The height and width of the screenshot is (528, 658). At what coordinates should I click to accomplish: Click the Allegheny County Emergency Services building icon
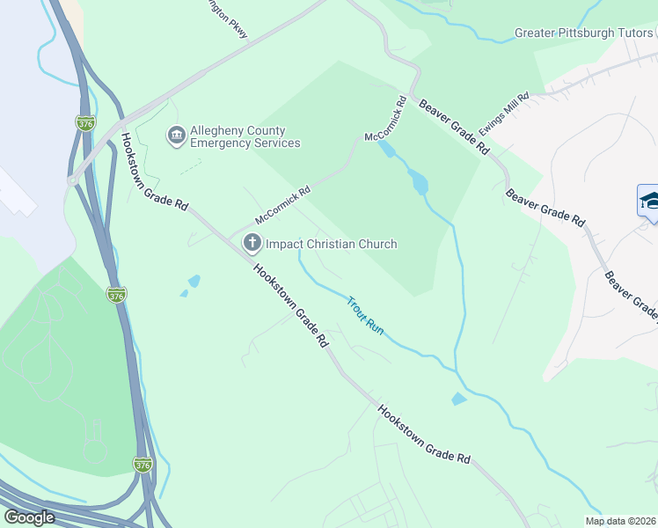pyautogui.click(x=176, y=136)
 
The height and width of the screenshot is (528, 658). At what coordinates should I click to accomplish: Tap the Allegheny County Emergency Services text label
pyautogui.click(x=245, y=136)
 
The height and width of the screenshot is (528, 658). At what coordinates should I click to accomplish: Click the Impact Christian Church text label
pyautogui.click(x=331, y=244)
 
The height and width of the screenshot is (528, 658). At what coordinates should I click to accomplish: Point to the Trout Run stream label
pyautogui.click(x=365, y=314)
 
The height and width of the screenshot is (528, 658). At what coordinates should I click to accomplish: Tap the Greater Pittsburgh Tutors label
pyautogui.click(x=584, y=34)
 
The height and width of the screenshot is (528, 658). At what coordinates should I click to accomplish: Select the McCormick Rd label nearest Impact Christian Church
pyautogui.click(x=283, y=204)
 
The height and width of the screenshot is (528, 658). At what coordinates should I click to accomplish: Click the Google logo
pyautogui.click(x=30, y=517)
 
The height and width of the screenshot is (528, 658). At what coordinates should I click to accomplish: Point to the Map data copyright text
pyautogui.click(x=620, y=521)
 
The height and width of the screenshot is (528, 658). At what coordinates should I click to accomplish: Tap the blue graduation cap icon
pyautogui.click(x=649, y=201)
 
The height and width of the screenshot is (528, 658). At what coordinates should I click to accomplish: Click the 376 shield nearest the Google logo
pyautogui.click(x=143, y=464)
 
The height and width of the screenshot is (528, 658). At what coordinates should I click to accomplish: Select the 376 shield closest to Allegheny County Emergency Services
pyautogui.click(x=85, y=122)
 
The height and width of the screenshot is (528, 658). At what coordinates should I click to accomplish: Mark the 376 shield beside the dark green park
pyautogui.click(x=116, y=296)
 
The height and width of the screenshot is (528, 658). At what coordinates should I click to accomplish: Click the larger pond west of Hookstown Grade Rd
pyautogui.click(x=194, y=281)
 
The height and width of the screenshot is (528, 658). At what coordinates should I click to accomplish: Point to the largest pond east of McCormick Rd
pyautogui.click(x=419, y=183)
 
